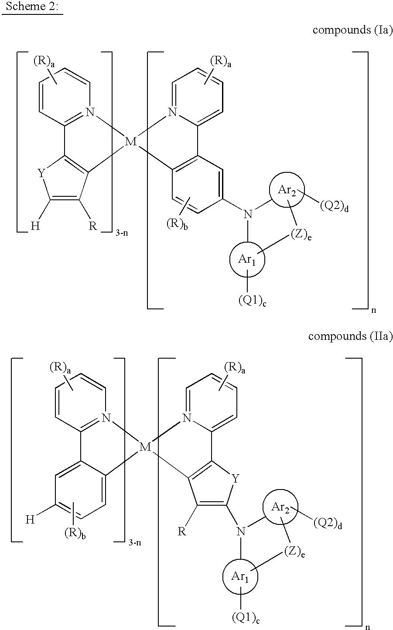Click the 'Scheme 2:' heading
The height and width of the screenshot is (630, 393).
coord(32,6)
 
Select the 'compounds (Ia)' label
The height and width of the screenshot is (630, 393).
coord(352,30)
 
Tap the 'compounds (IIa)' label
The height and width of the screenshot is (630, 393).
coord(350,336)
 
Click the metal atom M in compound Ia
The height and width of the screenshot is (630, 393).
coord(131,141)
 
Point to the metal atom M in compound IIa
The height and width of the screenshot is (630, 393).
coord(145,446)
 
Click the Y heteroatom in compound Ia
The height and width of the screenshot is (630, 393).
coord(41,174)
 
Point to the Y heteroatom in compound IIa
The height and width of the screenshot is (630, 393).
coord(236,478)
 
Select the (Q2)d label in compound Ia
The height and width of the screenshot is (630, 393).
coord(334,207)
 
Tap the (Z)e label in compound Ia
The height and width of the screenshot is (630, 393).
coord(301,235)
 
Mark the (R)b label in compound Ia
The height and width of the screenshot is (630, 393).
coord(177,224)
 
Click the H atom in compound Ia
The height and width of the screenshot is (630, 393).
coord(35,226)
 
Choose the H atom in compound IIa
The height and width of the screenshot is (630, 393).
coord(30,520)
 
